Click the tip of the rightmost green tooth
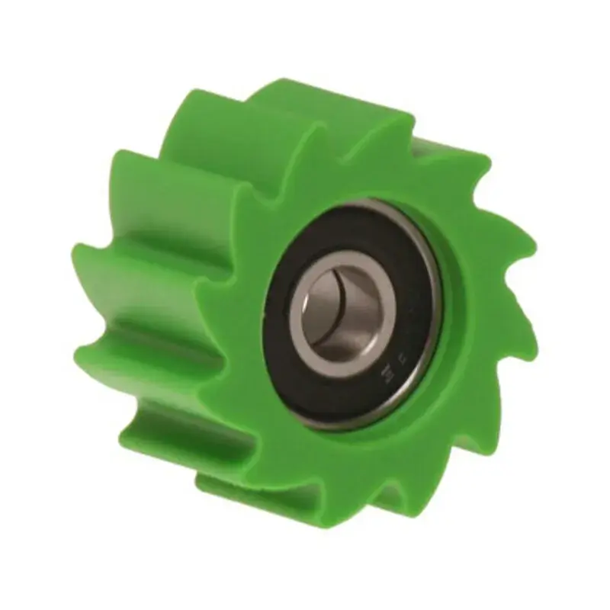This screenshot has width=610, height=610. point(534,252)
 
